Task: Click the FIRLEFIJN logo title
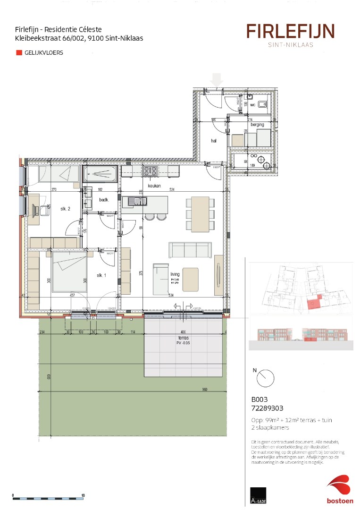click(x=290, y=32)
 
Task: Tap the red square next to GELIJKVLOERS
click(x=19, y=53)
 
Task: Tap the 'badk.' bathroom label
click(x=103, y=200)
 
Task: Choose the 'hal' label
click(x=213, y=140)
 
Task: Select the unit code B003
click(x=259, y=399)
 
